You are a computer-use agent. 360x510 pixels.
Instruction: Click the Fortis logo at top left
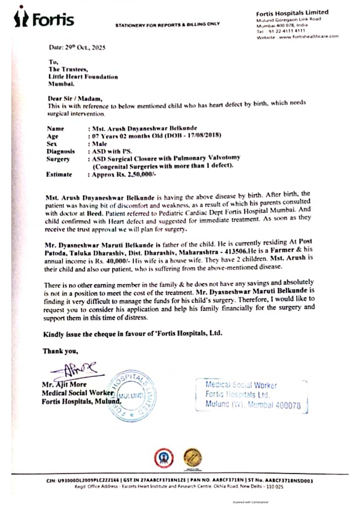pyautogui.click(x=44, y=18)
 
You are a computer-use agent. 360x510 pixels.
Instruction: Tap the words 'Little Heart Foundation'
pyautogui.click(x=83, y=77)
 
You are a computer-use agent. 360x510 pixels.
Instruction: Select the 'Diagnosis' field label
pyautogui.click(x=61, y=151)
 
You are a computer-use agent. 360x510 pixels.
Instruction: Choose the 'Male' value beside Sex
pyautogui.click(x=100, y=144)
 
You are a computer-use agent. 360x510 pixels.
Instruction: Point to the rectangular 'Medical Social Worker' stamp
pyautogui.click(x=251, y=395)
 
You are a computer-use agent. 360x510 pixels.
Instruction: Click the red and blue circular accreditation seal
pyautogui.click(x=164, y=458)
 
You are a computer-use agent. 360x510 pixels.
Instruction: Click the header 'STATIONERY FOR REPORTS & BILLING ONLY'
pyautogui.click(x=168, y=25)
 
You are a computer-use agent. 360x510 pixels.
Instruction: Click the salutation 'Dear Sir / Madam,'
pyautogui.click(x=75, y=99)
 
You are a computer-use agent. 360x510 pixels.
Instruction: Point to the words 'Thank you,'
pyautogui.click(x=60, y=351)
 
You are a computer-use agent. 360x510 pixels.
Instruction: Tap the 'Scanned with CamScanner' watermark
pyautogui.click(x=251, y=502)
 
